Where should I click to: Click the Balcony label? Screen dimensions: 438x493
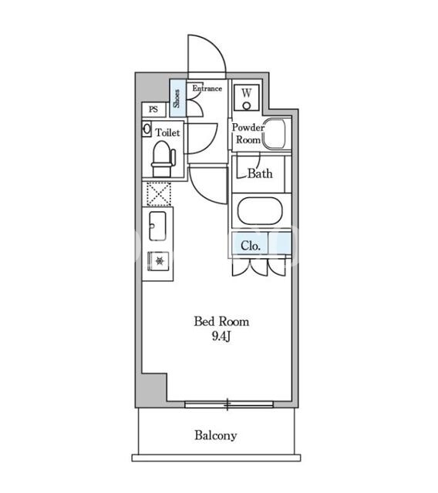pyautogui.click(x=216, y=435)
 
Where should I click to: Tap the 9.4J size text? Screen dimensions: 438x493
pyautogui.click(x=221, y=337)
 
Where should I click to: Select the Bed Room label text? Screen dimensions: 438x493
pyautogui.click(x=221, y=322)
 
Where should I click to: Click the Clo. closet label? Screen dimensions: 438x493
pyautogui.click(x=251, y=246)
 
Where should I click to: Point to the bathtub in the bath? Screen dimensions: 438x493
pyautogui.click(x=260, y=211)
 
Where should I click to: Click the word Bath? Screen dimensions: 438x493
pyautogui.click(x=260, y=173)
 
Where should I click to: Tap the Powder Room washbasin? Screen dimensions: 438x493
pyautogui.click(x=275, y=134)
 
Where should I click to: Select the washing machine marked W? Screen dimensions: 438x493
pyautogui.click(x=247, y=98)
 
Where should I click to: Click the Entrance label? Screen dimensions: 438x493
pyautogui.click(x=207, y=89)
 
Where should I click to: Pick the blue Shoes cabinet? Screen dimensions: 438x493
pyautogui.click(x=178, y=98)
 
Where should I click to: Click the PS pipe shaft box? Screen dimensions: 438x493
pyautogui.click(x=153, y=109)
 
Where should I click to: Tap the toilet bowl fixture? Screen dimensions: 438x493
pyautogui.click(x=163, y=159)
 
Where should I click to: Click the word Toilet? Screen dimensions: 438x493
pyautogui.click(x=168, y=132)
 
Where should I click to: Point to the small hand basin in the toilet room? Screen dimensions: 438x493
pyautogui.click(x=147, y=129)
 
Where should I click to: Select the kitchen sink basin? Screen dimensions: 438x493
pyautogui.click(x=157, y=226)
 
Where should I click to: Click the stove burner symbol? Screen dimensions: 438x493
pyautogui.click(x=160, y=261)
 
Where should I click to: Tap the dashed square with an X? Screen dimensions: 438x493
pyautogui.click(x=159, y=194)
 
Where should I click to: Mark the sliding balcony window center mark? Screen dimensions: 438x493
pyautogui.click(x=227, y=404)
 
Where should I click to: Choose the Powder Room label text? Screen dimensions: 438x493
pyautogui.click(x=248, y=133)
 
